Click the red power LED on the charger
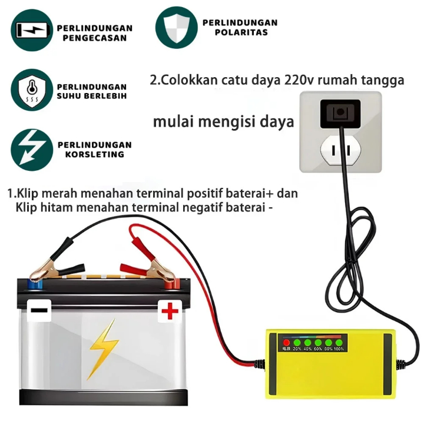click(287, 342)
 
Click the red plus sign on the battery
click(170, 310)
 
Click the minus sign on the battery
click(39, 310)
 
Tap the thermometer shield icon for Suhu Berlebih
click(31, 90)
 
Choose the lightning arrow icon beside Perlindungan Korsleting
click(31, 148)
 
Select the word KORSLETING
click(91, 154)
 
